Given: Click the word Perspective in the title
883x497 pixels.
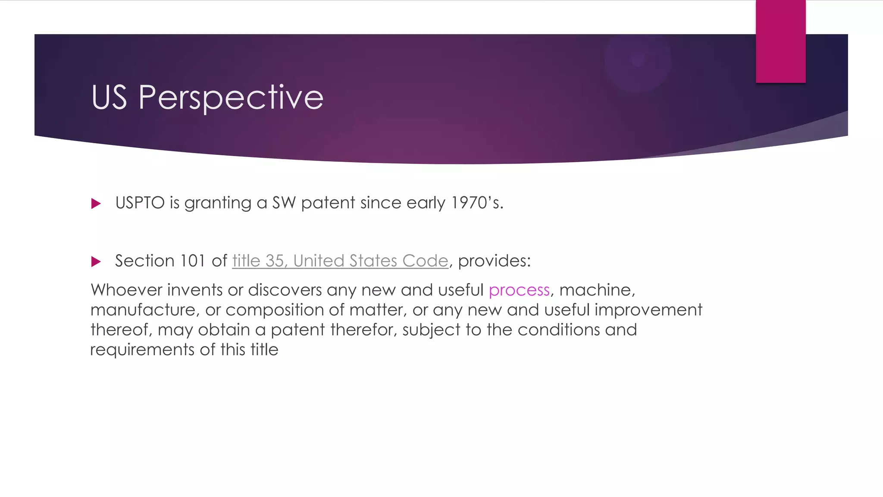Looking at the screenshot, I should [x=231, y=98].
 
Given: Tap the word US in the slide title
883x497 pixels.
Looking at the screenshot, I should [x=109, y=97].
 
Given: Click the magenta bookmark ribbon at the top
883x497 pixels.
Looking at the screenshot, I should [x=780, y=41].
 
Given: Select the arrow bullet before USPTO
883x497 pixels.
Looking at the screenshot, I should [x=96, y=204].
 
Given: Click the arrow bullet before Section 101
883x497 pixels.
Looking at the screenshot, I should [x=96, y=261].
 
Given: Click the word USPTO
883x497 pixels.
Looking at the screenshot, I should [x=140, y=203].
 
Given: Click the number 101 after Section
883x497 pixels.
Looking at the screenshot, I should [x=192, y=261].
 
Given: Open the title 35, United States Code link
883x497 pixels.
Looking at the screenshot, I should [x=340, y=261].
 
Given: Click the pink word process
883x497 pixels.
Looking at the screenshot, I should [x=519, y=290].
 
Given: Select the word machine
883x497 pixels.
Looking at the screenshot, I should [x=596, y=290].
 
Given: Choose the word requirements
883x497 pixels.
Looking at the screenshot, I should [x=142, y=350].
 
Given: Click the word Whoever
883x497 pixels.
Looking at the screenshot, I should [x=126, y=290].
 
